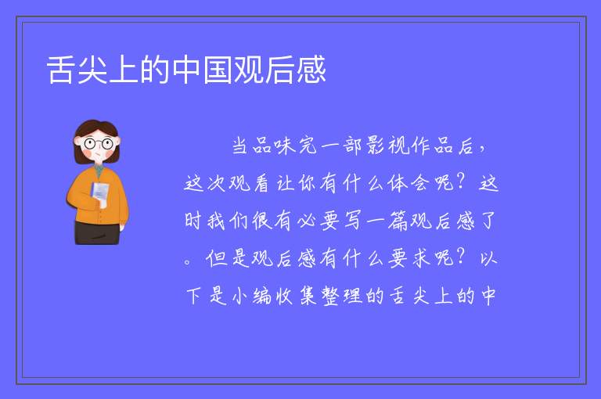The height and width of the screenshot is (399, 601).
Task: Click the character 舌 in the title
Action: [x=60, y=70]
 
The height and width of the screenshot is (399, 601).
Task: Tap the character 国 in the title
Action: [x=218, y=70]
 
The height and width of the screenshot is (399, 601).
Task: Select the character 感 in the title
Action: [x=311, y=70]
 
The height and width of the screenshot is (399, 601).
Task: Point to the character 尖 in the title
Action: [x=92, y=70]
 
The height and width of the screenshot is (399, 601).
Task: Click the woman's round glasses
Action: [x=99, y=144]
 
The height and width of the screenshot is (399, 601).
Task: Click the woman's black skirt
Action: [x=96, y=232]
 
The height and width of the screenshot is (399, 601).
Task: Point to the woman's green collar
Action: [x=99, y=171]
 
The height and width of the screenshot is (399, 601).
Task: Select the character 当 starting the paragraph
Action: [x=240, y=146]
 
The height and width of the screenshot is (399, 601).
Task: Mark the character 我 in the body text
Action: [x=217, y=221]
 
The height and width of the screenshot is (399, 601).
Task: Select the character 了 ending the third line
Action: [x=488, y=221]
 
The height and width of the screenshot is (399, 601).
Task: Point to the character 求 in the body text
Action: [x=421, y=258]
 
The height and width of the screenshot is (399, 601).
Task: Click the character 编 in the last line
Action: [x=262, y=296]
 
